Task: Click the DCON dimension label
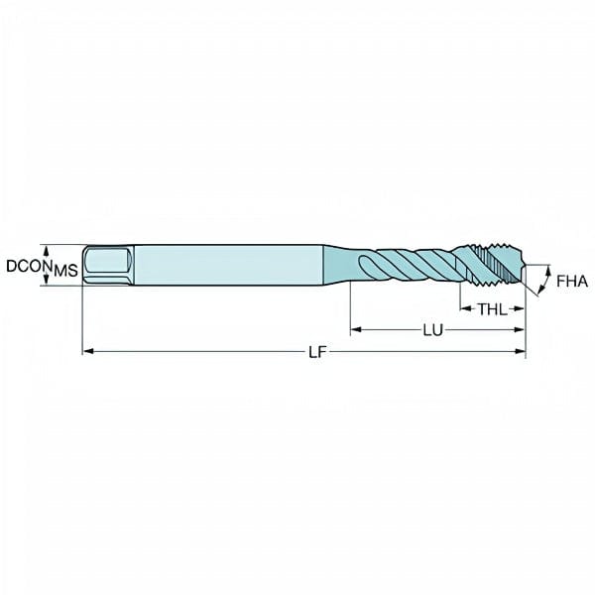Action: click(27, 266)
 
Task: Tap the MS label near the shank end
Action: click(64, 270)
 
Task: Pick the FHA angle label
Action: click(571, 282)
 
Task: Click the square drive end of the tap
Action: click(106, 265)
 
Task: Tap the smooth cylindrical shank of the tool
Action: click(228, 265)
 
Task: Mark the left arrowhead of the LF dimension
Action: click(86, 350)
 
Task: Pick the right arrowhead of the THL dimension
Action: click(521, 308)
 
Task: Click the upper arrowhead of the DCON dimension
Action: click(47, 248)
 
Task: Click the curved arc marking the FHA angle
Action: click(545, 281)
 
